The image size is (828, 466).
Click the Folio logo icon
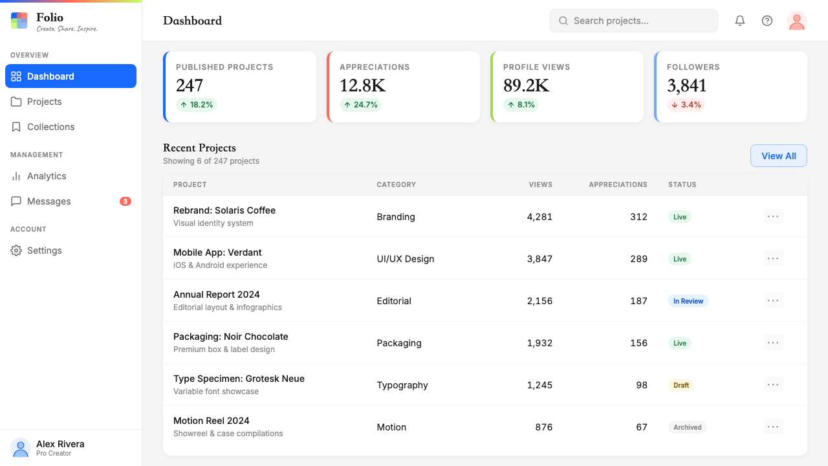[x=19, y=21]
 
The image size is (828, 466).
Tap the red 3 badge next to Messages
[x=125, y=201]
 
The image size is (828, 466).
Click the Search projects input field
[x=633, y=21]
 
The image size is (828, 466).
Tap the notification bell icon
[x=739, y=21]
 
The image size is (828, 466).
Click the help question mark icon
[x=767, y=21]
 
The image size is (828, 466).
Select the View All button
[x=778, y=156]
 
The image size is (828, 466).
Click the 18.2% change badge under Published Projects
[x=196, y=105]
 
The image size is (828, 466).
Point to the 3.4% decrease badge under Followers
[x=686, y=105]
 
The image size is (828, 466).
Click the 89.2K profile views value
[x=526, y=85]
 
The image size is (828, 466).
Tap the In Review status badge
[x=688, y=301]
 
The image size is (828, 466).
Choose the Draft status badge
[x=681, y=385]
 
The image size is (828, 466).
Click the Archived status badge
[x=687, y=427]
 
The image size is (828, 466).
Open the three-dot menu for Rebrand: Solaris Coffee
[x=773, y=216]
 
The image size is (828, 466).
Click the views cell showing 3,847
[x=539, y=258]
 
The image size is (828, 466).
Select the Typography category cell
[x=402, y=385]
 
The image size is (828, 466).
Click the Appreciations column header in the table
[x=618, y=184]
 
